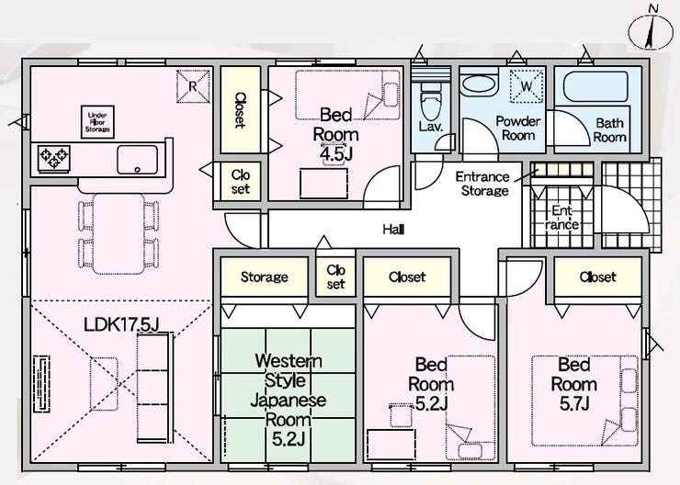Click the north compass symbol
[651, 31]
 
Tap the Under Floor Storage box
[97, 122]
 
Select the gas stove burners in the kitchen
[54, 158]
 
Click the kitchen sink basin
[138, 160]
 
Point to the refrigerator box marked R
[193, 86]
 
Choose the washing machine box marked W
[527, 86]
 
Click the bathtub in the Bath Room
[595, 86]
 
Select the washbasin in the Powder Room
[479, 85]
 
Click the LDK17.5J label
[122, 324]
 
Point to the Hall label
[394, 230]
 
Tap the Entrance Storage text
[482, 184]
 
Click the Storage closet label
[264, 276]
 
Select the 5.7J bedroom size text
[574, 403]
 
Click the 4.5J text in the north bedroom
[334, 154]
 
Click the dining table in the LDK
[119, 234]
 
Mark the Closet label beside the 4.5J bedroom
[240, 110]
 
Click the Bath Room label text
[610, 130]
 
